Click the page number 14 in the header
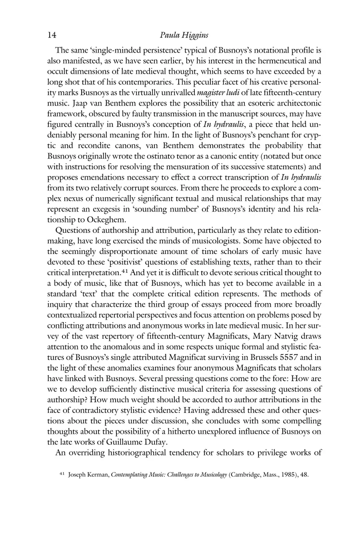52,35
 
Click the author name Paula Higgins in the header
184,35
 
